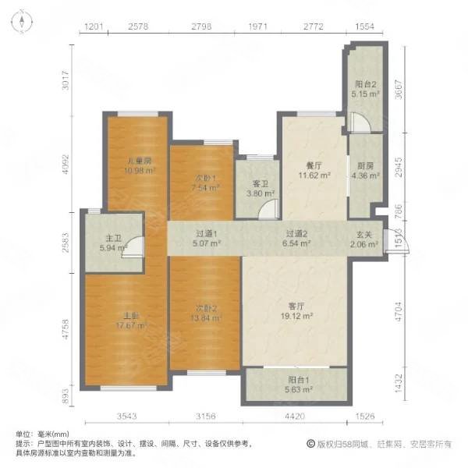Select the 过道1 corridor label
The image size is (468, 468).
206,233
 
